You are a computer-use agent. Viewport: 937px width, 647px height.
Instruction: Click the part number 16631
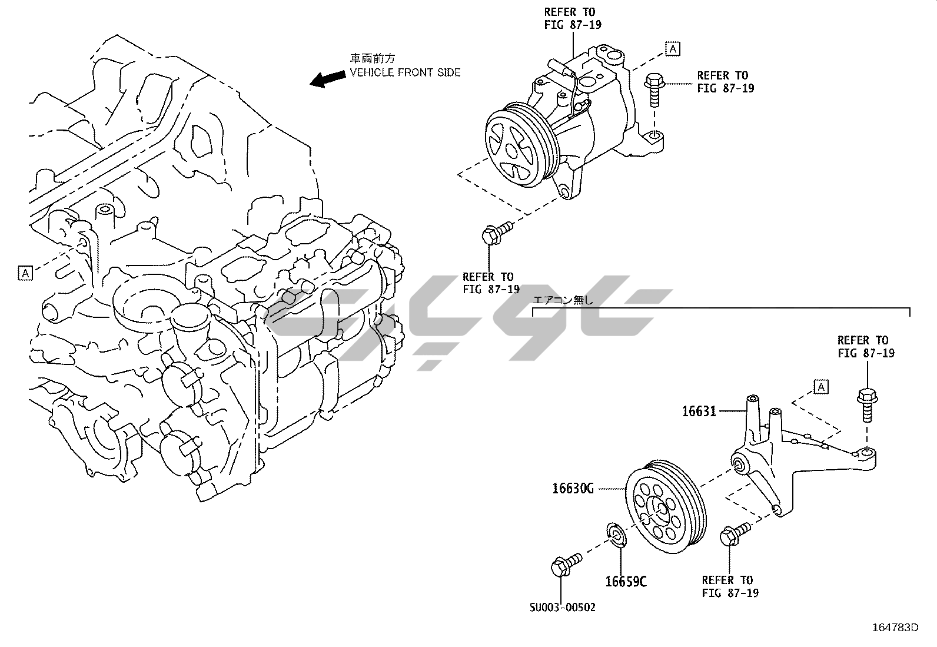click(699, 411)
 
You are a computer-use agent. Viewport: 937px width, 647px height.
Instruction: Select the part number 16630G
click(573, 488)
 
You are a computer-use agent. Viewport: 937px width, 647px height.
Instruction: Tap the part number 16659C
click(626, 582)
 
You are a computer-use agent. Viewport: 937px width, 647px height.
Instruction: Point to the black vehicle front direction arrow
click(327, 78)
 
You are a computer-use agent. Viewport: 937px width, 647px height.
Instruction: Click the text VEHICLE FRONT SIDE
click(406, 72)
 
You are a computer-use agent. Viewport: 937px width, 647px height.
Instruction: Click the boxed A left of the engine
click(25, 273)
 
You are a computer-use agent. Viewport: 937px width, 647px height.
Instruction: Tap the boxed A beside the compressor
click(673, 49)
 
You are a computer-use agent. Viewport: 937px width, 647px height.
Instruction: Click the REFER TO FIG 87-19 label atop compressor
click(573, 18)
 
